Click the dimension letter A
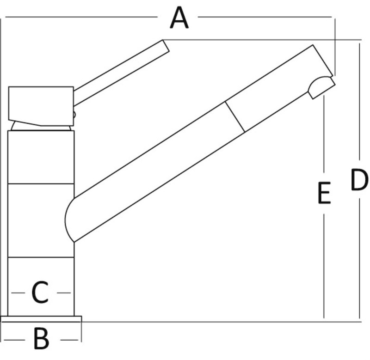(179, 19)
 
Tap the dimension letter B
(41, 339)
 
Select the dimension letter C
(40, 293)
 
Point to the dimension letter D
(359, 180)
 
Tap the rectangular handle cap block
(41, 104)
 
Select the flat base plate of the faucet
(41, 319)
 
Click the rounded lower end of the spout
(69, 217)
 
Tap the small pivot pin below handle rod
(73, 115)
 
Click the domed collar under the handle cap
(42, 126)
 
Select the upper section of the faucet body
(41, 157)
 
